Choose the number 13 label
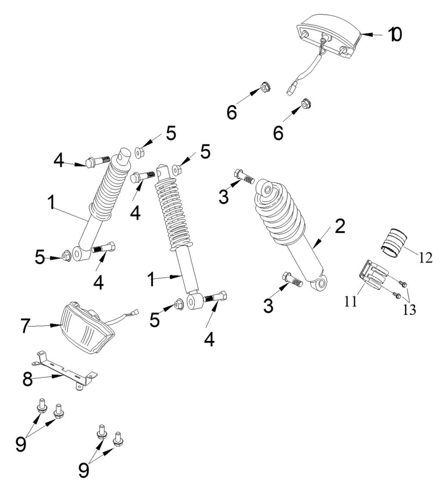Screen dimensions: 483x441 point(410,309)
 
